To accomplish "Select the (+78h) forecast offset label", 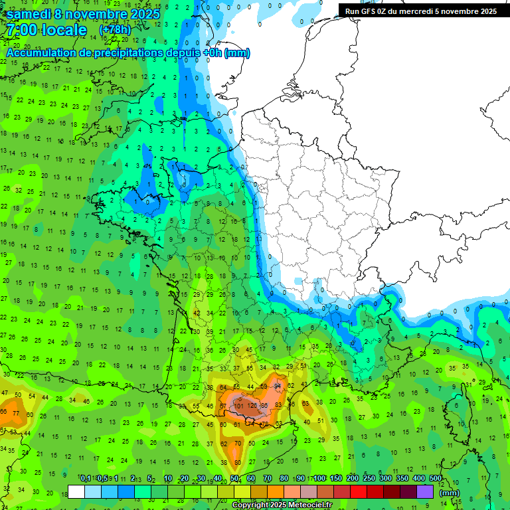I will pos(115,30).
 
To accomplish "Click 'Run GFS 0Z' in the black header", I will pos(366,11).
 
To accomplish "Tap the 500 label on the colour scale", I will pos(436,478).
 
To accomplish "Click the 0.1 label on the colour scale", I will pos(85,478).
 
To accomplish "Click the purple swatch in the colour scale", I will pos(425,491).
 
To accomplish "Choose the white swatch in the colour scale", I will pos(76,491).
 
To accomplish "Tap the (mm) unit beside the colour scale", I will pos(450,493).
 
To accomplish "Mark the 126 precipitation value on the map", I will pos(252,405).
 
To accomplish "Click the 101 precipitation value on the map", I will pos(238,405).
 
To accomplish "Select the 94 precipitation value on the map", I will pos(278,386).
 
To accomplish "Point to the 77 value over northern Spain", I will pos(16,413).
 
